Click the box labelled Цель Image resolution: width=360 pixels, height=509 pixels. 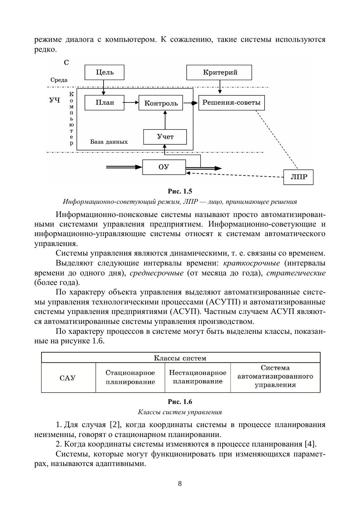(104, 72)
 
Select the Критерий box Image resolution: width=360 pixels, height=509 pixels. (219, 72)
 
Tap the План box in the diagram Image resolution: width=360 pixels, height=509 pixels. (105, 102)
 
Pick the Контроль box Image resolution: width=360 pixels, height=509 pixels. (161, 103)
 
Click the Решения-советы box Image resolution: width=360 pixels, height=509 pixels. (231, 102)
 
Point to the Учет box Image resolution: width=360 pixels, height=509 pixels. (165, 137)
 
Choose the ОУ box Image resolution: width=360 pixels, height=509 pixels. (164, 167)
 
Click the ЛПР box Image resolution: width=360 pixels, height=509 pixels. (299, 177)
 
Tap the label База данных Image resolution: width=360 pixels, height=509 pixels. (109, 142)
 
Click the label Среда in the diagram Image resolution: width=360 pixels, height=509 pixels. (59, 80)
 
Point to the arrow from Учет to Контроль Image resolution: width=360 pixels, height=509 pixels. (165, 120)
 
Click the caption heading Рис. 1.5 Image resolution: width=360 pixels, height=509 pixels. (180, 191)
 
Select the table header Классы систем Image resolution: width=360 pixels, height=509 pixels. (180, 358)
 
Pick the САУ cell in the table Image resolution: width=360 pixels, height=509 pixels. (68, 378)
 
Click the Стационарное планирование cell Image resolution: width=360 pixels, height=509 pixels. (130, 378)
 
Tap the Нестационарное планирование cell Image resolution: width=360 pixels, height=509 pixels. (198, 377)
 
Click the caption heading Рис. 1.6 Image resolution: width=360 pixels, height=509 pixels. (180, 402)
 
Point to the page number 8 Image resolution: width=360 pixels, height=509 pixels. (180, 484)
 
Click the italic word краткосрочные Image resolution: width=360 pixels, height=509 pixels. (251, 263)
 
